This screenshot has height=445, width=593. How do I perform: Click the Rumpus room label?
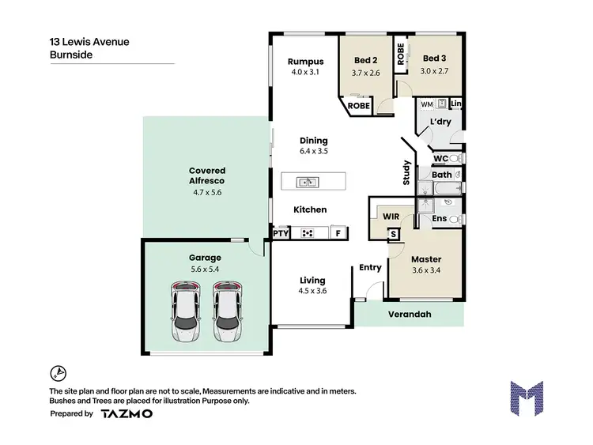point(305,62)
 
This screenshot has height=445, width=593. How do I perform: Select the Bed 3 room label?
point(434,58)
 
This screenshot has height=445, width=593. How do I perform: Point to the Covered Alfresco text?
point(207,175)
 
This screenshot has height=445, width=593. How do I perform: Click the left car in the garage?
point(186,311)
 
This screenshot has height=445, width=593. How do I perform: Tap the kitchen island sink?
point(307,183)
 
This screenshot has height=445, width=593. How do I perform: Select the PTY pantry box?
point(281,233)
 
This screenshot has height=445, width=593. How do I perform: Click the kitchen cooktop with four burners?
point(307,233)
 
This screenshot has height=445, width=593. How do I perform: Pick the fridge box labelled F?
point(338,233)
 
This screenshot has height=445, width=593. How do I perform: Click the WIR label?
point(391,215)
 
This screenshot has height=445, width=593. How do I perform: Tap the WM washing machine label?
point(426,104)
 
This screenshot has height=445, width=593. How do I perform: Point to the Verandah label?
point(409,314)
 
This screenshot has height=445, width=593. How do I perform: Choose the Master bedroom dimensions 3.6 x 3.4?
point(425,270)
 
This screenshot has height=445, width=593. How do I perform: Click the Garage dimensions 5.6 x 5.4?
point(205,269)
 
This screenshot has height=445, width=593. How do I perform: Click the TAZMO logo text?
point(127,413)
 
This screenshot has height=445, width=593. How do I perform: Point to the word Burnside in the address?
point(70,56)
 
